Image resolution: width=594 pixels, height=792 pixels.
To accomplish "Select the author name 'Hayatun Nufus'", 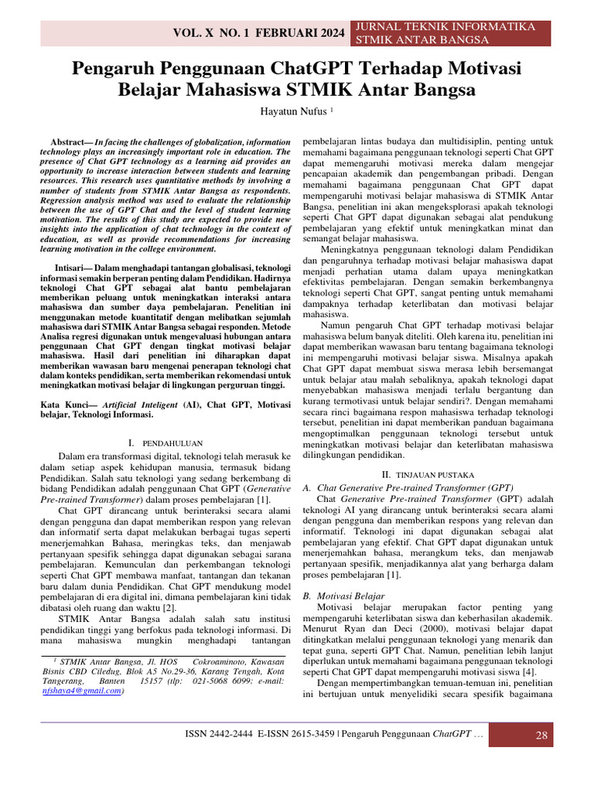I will (x=294, y=111).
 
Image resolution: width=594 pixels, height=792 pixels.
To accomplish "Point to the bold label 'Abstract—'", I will (x=72, y=143).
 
